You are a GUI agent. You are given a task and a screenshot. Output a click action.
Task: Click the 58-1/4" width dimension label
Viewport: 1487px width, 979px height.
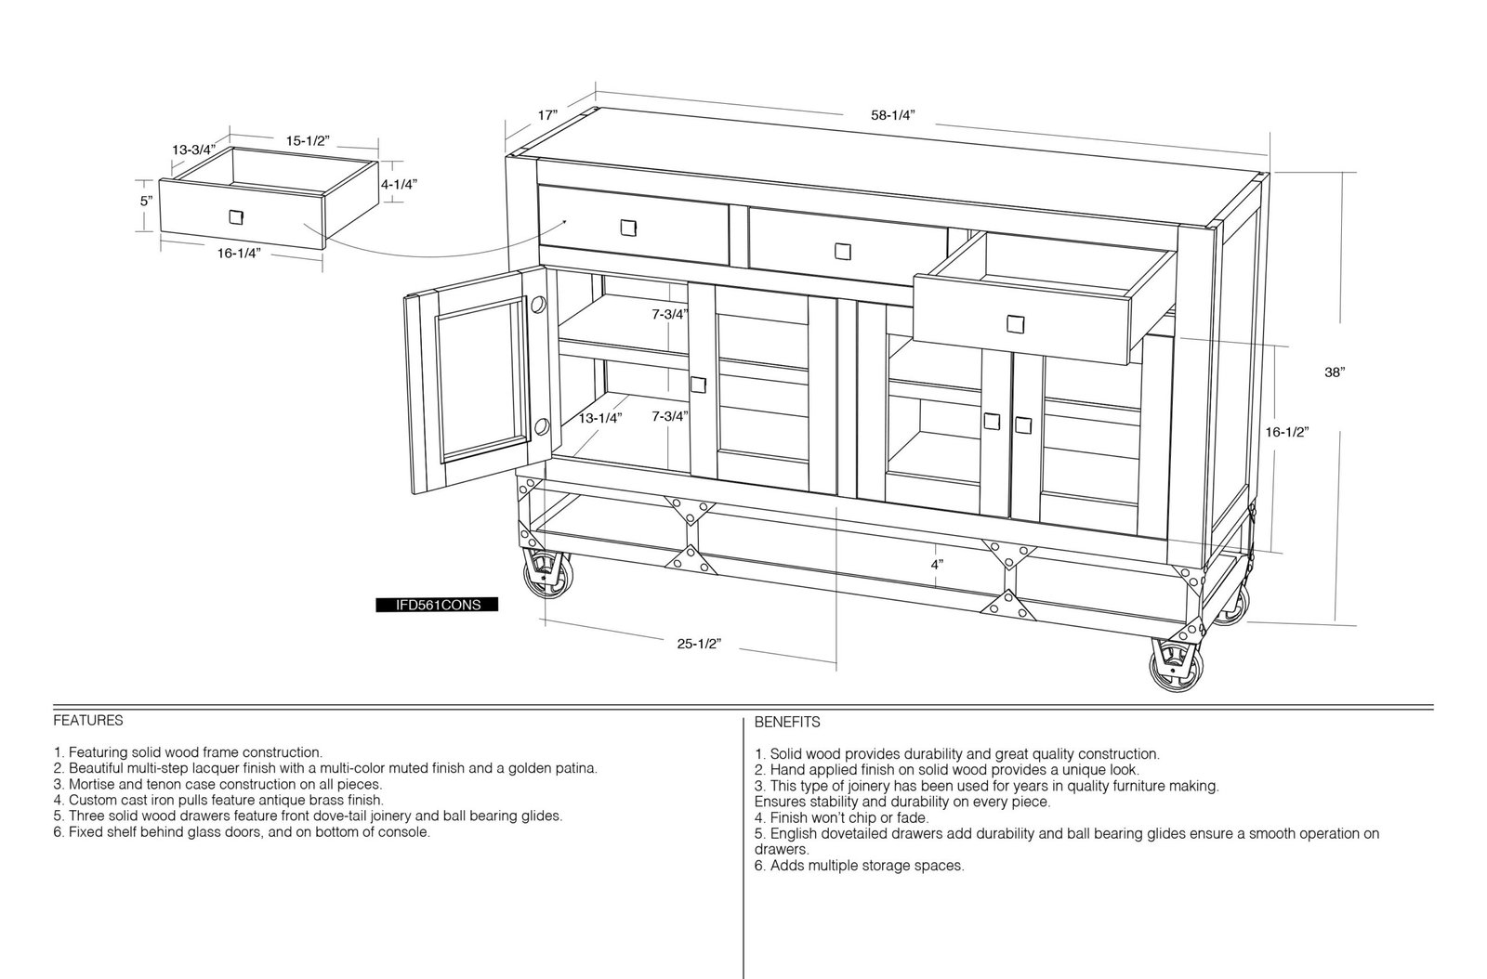[893, 115]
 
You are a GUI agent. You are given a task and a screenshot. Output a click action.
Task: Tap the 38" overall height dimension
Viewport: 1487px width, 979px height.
[1335, 372]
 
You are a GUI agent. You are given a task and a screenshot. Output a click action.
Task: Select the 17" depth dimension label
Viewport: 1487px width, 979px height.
[547, 115]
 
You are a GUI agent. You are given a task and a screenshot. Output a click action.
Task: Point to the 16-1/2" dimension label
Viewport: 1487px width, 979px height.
[1286, 433]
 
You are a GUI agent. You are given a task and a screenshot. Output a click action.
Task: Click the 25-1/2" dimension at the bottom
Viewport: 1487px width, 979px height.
[699, 644]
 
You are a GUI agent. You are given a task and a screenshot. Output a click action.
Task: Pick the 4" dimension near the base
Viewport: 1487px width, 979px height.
[937, 565]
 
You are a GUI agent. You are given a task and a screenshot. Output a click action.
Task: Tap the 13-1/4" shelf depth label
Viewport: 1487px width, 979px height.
[600, 419]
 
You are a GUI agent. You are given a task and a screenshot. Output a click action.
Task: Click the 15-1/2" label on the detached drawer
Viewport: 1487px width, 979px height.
[308, 141]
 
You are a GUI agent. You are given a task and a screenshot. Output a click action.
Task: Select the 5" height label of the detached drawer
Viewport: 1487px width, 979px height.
[146, 201]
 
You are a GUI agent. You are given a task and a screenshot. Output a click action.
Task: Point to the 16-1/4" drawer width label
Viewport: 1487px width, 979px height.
[239, 253]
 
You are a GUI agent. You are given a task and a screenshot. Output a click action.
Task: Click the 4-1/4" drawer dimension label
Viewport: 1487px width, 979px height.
[399, 185]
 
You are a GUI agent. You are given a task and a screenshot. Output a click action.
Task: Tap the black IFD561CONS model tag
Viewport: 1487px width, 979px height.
[437, 605]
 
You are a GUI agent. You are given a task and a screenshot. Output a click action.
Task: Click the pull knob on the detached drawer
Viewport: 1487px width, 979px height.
[236, 217]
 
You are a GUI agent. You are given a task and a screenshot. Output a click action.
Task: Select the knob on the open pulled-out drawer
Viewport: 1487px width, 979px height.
[1016, 323]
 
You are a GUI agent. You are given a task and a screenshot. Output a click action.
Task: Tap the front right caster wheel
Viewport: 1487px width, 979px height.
[1177, 665]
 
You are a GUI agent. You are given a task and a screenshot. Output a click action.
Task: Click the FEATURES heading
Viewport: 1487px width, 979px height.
[88, 721]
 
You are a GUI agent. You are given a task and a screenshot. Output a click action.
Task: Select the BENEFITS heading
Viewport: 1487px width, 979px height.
[787, 723]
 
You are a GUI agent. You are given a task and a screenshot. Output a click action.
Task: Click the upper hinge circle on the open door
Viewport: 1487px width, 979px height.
[538, 305]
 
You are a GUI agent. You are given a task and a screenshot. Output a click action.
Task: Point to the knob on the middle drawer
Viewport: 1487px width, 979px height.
[843, 252]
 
